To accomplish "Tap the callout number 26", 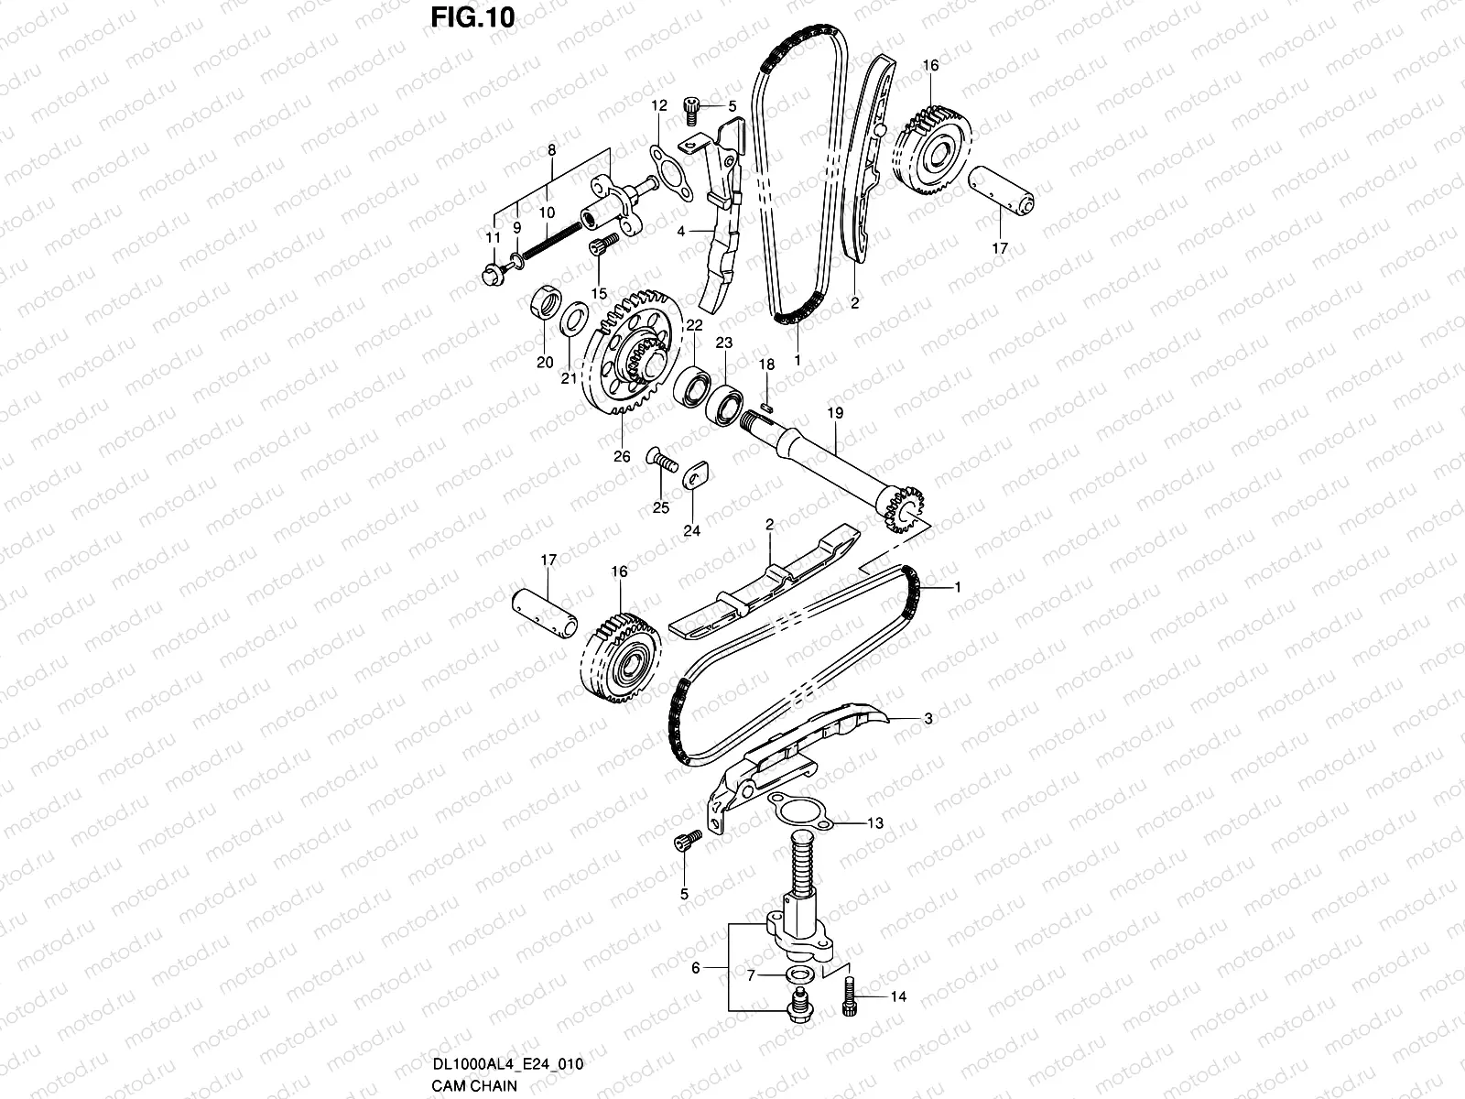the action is (x=622, y=457).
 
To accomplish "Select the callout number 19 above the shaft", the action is (x=834, y=414).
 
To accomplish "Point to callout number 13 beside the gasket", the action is (x=875, y=823).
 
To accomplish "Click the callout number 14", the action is (x=898, y=996).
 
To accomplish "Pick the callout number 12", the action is (x=659, y=106).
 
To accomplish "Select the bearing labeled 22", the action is (x=692, y=385).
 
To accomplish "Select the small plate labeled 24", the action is (x=699, y=473).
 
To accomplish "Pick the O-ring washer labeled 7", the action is (x=798, y=974).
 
